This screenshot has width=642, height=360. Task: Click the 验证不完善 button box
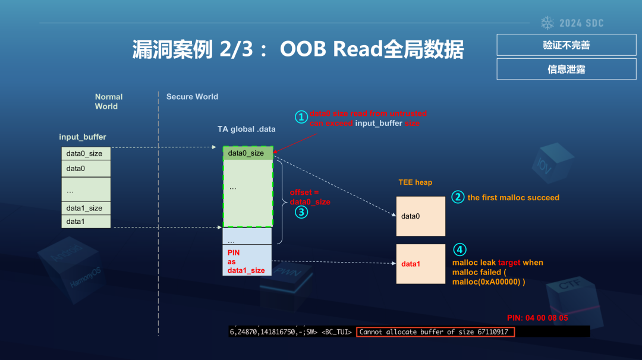click(566, 45)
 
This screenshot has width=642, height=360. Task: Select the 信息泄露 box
click(566, 69)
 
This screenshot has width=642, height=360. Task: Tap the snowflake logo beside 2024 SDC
click(547, 23)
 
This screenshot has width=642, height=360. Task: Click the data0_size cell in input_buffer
click(86, 153)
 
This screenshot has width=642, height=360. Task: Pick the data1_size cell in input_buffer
click(86, 208)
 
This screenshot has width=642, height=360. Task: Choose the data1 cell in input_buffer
click(86, 221)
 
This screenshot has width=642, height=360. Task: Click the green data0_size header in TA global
click(247, 153)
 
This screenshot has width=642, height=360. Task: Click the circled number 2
click(457, 197)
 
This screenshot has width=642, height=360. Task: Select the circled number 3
click(301, 212)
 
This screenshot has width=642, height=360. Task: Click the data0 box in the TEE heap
click(421, 216)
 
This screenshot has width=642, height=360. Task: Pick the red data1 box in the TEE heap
click(421, 264)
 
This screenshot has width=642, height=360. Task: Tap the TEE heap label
click(415, 182)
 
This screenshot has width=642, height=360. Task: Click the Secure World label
click(192, 97)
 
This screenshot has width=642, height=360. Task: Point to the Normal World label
click(109, 102)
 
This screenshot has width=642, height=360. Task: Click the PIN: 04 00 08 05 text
click(537, 318)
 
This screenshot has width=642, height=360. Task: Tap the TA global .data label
click(246, 129)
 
